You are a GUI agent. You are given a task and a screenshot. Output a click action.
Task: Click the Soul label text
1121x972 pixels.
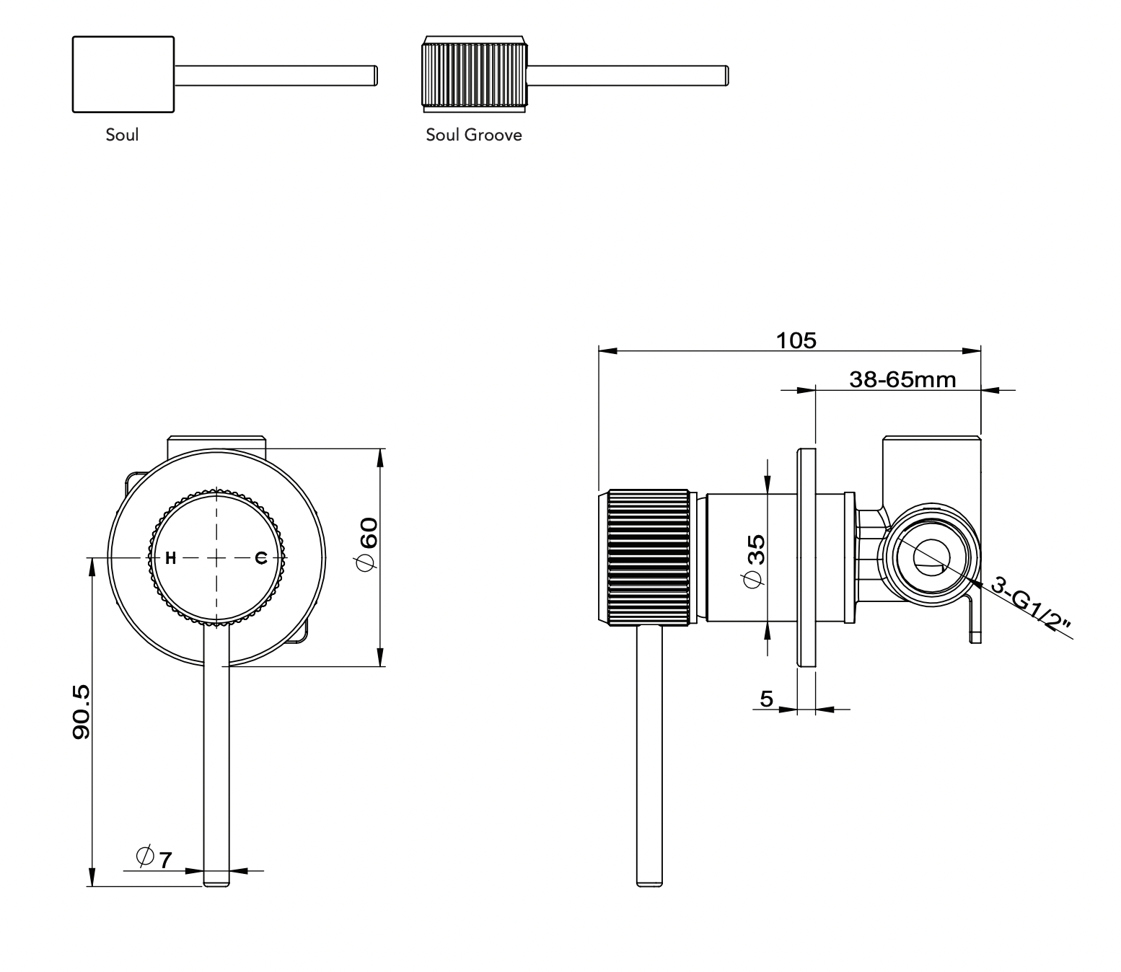click(x=122, y=135)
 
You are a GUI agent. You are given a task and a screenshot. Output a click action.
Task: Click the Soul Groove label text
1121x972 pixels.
click(x=474, y=135)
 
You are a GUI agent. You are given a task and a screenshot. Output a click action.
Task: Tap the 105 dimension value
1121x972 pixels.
click(x=796, y=340)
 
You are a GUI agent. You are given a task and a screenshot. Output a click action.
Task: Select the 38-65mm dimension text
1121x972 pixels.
click(x=902, y=379)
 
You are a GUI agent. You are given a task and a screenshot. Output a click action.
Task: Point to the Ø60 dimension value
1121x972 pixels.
click(x=367, y=544)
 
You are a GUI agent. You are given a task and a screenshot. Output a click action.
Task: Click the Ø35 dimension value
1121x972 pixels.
click(x=755, y=561)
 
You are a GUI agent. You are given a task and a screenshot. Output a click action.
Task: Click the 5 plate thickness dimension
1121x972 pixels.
click(x=767, y=699)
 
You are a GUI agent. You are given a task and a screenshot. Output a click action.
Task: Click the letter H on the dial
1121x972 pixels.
click(x=171, y=559)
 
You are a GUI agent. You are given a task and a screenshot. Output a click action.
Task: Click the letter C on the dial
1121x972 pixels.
click(x=261, y=559)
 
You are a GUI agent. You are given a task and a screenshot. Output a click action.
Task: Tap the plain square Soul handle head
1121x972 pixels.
click(x=123, y=74)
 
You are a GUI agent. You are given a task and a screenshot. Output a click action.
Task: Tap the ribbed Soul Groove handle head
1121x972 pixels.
click(x=474, y=74)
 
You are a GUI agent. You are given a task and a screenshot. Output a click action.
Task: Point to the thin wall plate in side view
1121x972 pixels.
click(x=806, y=557)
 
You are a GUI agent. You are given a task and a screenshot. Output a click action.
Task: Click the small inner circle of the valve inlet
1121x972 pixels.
click(x=931, y=557)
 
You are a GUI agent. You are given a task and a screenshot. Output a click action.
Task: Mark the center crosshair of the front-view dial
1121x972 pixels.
click(x=217, y=559)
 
